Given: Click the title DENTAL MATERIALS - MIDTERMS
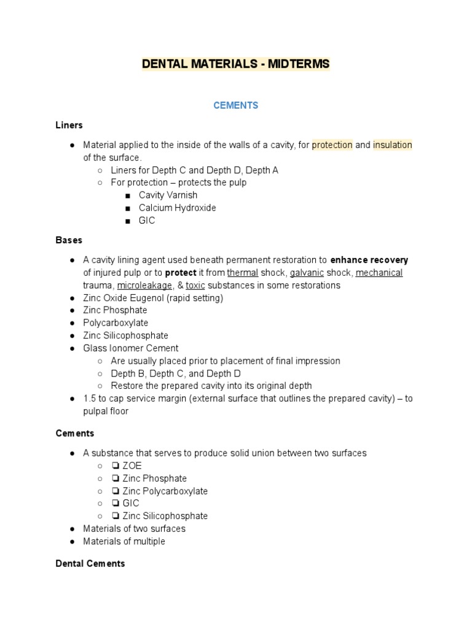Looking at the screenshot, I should pyautogui.click(x=235, y=64).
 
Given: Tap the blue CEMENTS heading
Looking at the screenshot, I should pyautogui.click(x=235, y=106).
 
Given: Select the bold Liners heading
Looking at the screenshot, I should pyautogui.click(x=69, y=125).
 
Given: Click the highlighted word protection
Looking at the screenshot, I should pyautogui.click(x=332, y=145).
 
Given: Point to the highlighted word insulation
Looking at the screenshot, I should pyautogui.click(x=392, y=145).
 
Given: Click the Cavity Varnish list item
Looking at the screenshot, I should pyautogui.click(x=168, y=195).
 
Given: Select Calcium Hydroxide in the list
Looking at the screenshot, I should pyautogui.click(x=177, y=208).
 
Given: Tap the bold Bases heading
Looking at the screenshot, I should pyautogui.click(x=69, y=240).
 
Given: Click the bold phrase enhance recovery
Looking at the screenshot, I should pyautogui.click(x=369, y=260).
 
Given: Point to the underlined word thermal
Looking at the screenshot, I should pyautogui.click(x=242, y=273).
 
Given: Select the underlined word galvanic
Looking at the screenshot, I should pyautogui.click(x=307, y=273).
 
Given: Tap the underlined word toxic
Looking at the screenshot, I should pyautogui.click(x=195, y=286).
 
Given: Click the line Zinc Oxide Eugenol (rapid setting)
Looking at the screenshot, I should pyautogui.click(x=153, y=298).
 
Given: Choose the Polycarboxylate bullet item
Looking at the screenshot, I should pyautogui.click(x=116, y=323).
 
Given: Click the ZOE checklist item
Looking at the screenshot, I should pyautogui.click(x=132, y=466).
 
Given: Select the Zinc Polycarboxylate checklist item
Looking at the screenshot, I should pyautogui.click(x=165, y=491).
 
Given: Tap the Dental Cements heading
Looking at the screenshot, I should pyautogui.click(x=90, y=563).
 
